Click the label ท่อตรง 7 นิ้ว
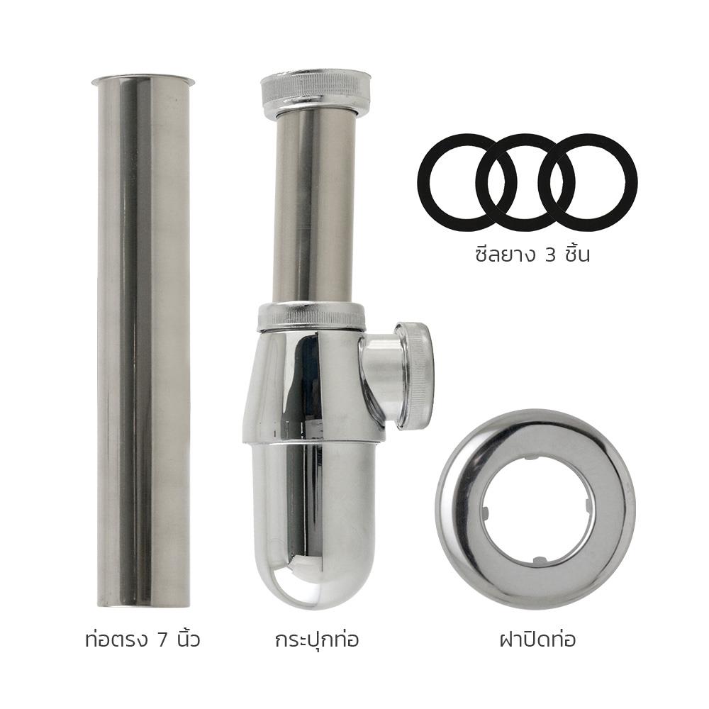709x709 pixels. pyautogui.click(x=141, y=640)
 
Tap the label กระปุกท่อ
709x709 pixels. pyautogui.click(x=316, y=640)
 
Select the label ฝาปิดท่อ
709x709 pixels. pyautogui.click(x=536, y=640)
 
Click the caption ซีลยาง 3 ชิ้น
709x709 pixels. pyautogui.click(x=532, y=254)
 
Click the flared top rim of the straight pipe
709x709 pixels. pyautogui.click(x=143, y=79)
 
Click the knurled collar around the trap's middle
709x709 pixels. pyautogui.click(x=311, y=316)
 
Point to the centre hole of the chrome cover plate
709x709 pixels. pyautogui.click(x=535, y=510)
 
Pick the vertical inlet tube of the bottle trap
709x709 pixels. pyautogui.click(x=314, y=206)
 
